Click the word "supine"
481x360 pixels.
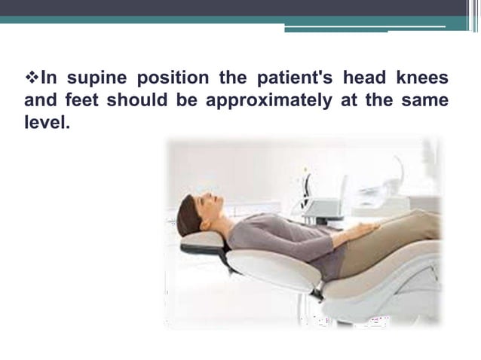click(x=95, y=79)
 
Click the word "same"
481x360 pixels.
click(x=426, y=100)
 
